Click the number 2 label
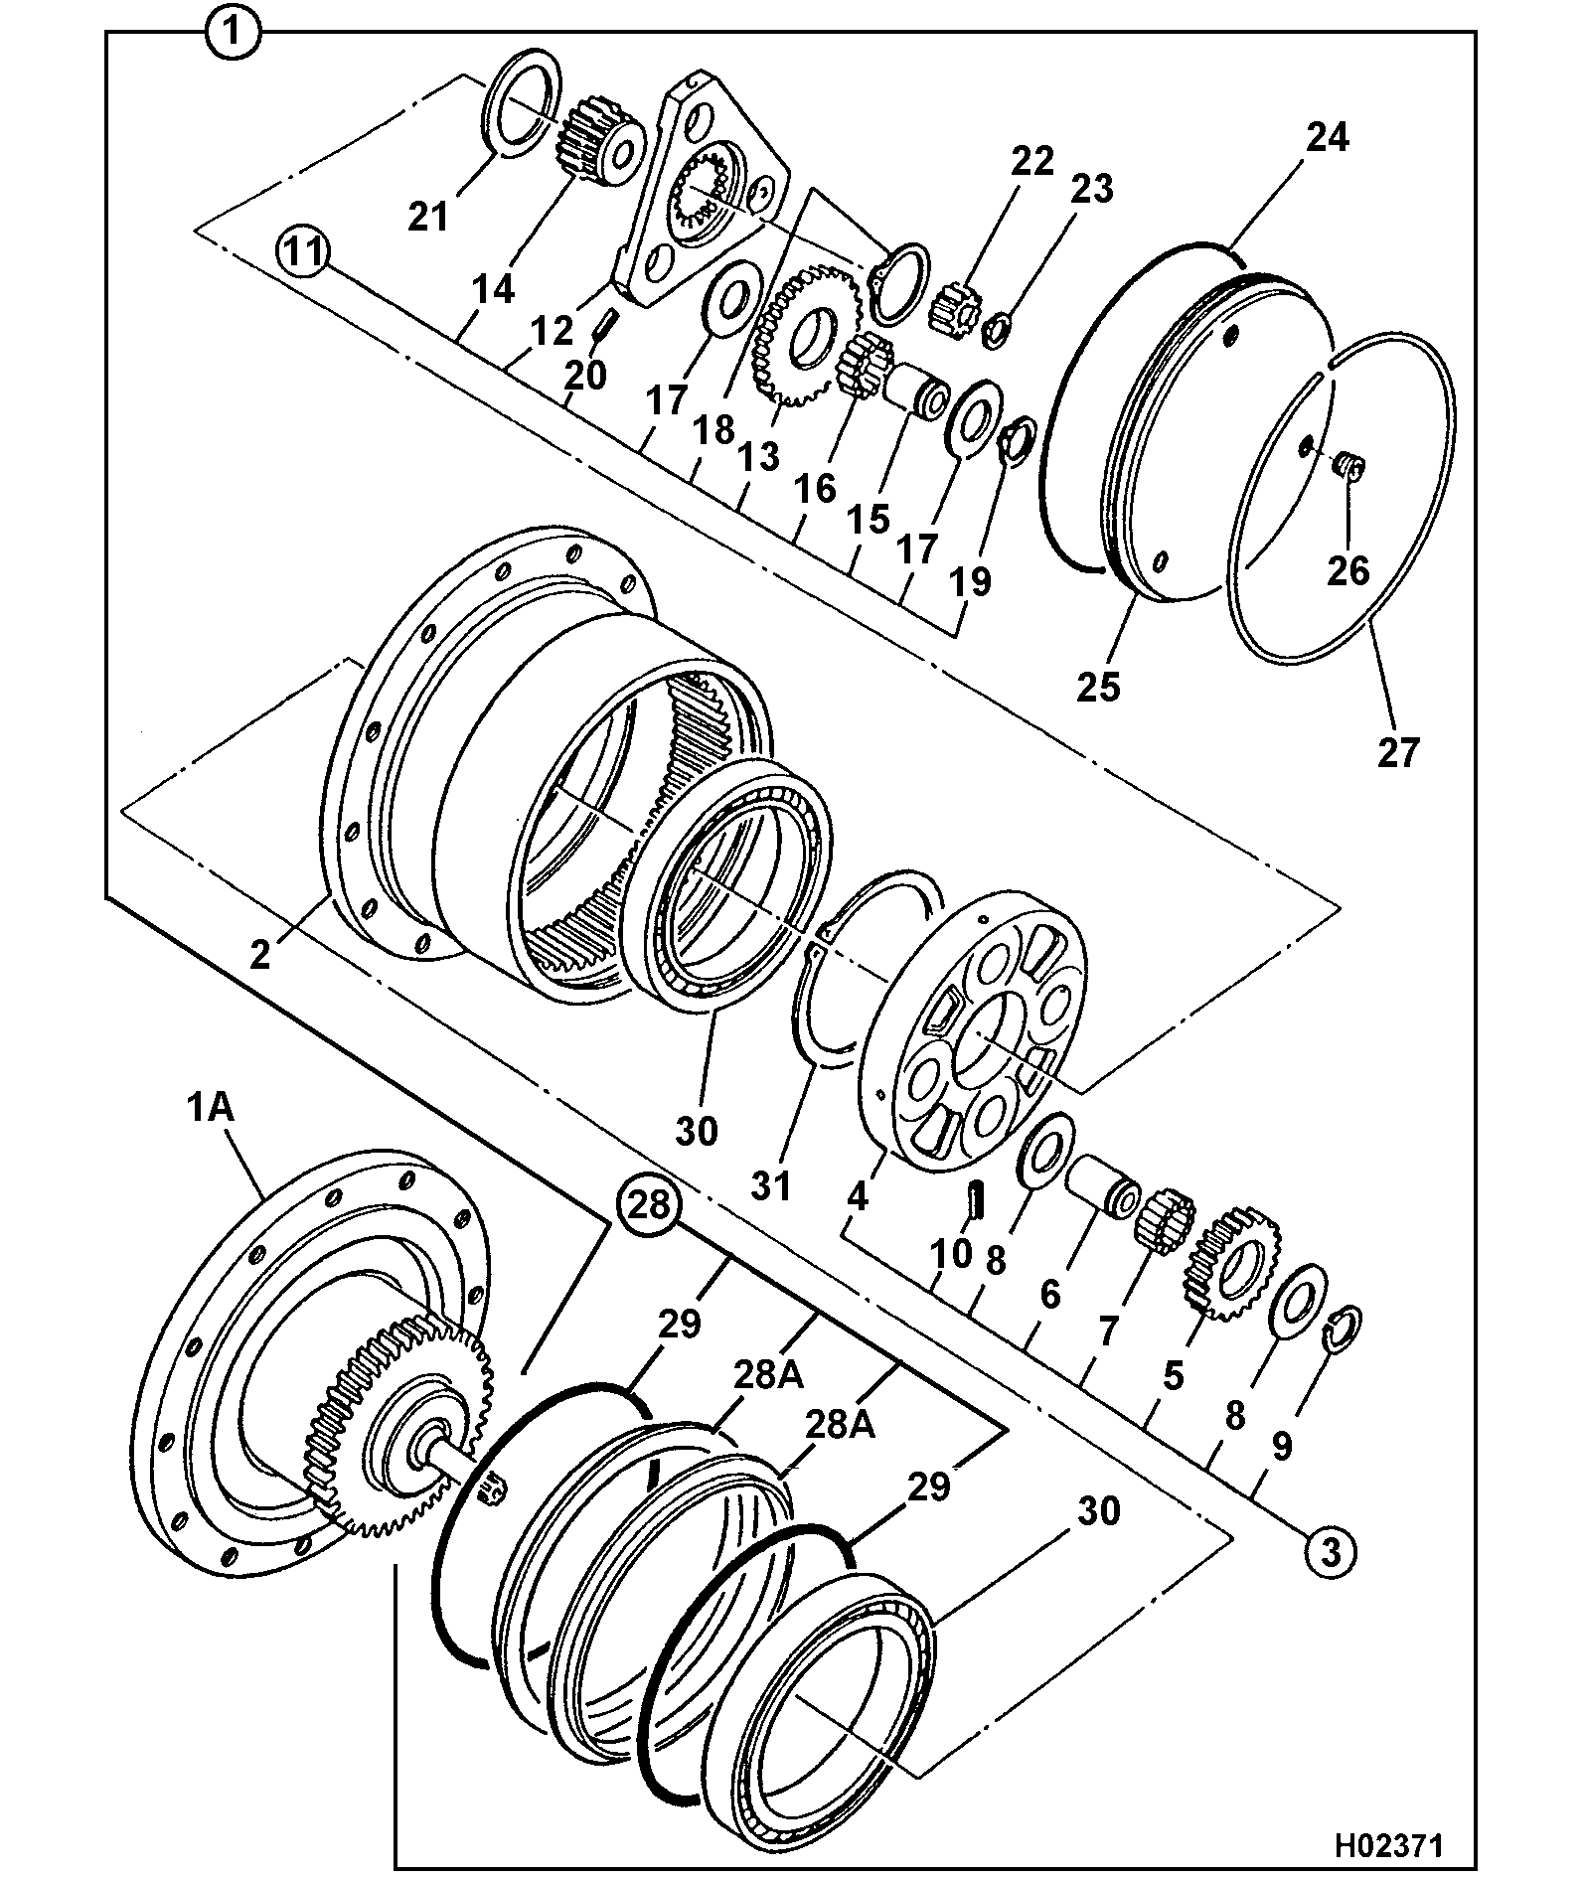point(259,955)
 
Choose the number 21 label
point(430,217)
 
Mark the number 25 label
point(1099,687)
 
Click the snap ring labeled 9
point(1345,1330)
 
